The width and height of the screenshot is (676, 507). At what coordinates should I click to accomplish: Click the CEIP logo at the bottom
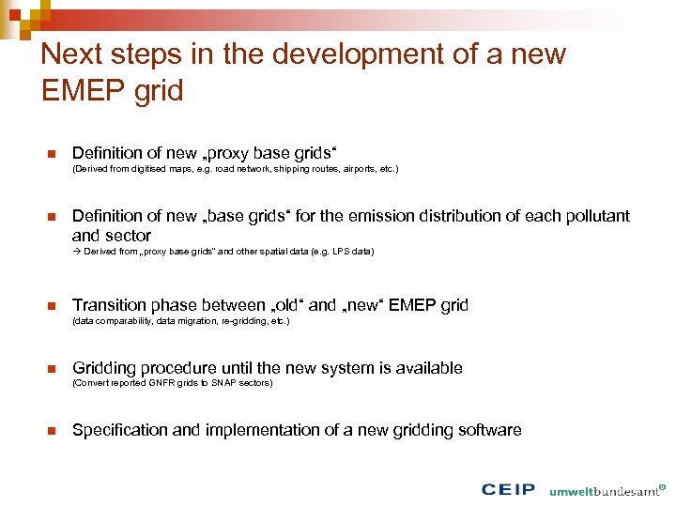(x=508, y=489)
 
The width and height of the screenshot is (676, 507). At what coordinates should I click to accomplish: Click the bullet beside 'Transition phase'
(x=52, y=305)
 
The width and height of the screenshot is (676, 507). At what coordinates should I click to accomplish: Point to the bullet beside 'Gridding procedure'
(x=52, y=368)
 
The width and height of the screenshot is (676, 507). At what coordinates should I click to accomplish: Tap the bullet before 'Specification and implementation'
(x=52, y=430)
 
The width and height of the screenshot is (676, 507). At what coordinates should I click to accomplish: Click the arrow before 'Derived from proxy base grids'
(x=77, y=252)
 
